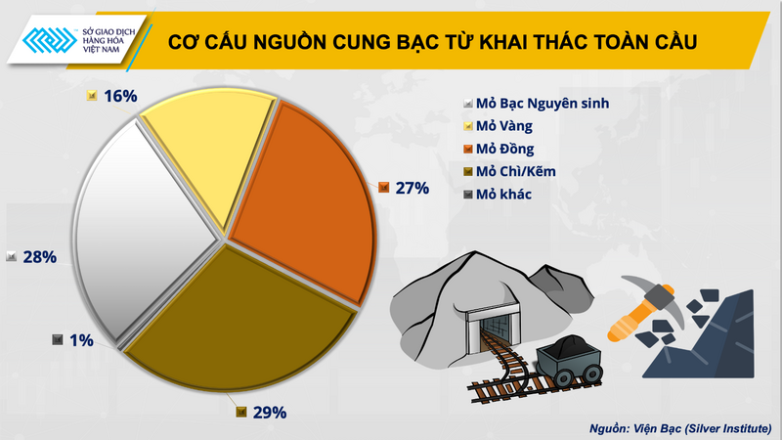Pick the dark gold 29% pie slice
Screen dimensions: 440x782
coord(244,313)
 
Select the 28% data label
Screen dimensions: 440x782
coord(38,256)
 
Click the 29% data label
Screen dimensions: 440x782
coord(267,412)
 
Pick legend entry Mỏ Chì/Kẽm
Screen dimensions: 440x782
coord(515,171)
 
